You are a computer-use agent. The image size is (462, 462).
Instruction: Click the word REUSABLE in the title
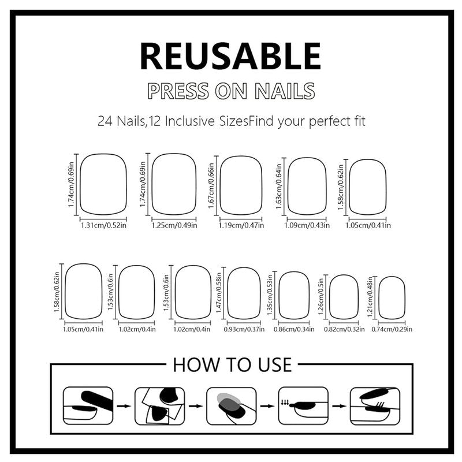[230, 56]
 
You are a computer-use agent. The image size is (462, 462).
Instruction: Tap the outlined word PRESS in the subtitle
[178, 91]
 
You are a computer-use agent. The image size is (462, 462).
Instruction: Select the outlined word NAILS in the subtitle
[285, 91]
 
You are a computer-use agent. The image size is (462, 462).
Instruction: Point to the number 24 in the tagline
[105, 121]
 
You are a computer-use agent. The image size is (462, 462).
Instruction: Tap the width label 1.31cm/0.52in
[103, 225]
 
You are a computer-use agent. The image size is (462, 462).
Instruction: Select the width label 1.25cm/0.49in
[174, 225]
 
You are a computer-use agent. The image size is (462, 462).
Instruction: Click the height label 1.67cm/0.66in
[211, 186]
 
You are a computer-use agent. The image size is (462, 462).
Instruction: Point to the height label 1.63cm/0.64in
[279, 187]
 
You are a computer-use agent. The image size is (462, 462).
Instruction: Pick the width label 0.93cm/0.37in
[244, 329]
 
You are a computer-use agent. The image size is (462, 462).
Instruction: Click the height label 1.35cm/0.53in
[270, 295]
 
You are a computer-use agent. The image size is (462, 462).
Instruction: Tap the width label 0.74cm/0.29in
[392, 329]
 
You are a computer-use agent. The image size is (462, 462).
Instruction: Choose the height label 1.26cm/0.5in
[321, 296]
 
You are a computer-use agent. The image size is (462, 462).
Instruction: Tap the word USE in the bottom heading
[275, 365]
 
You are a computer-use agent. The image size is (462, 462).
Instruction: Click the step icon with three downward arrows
[303, 406]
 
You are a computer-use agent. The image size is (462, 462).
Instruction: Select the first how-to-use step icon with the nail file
[88, 406]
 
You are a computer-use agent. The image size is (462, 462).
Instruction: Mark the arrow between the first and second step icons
[124, 407]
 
